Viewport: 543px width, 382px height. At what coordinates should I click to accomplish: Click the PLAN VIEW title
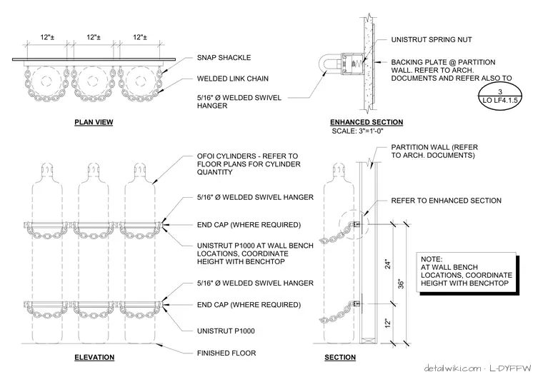click(94, 122)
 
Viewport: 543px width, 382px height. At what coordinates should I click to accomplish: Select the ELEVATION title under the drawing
click(94, 357)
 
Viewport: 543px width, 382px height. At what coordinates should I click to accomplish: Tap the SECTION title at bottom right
click(340, 357)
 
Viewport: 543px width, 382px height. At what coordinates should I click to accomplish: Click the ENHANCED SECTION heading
click(367, 122)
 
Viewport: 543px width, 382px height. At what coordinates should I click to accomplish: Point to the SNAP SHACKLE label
click(224, 57)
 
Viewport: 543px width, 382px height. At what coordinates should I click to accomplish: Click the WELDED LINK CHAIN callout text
click(233, 79)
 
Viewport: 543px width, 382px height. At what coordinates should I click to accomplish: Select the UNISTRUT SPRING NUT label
click(432, 39)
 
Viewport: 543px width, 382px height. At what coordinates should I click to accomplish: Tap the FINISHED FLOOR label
click(226, 353)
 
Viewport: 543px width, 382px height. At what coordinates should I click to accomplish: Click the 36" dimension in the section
click(401, 283)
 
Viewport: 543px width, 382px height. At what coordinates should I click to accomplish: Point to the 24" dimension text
click(387, 264)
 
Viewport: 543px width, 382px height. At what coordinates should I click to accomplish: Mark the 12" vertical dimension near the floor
click(387, 323)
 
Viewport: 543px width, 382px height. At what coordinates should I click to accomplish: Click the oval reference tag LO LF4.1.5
click(499, 96)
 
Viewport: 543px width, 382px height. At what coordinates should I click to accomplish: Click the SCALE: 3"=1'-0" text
click(357, 131)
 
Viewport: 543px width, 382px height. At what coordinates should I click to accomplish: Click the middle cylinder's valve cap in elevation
click(93, 169)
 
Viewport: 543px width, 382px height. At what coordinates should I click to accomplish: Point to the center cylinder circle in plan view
click(92, 81)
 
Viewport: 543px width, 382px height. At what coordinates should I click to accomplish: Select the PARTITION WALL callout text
click(434, 151)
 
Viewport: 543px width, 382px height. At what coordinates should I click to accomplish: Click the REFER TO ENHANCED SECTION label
click(446, 201)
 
